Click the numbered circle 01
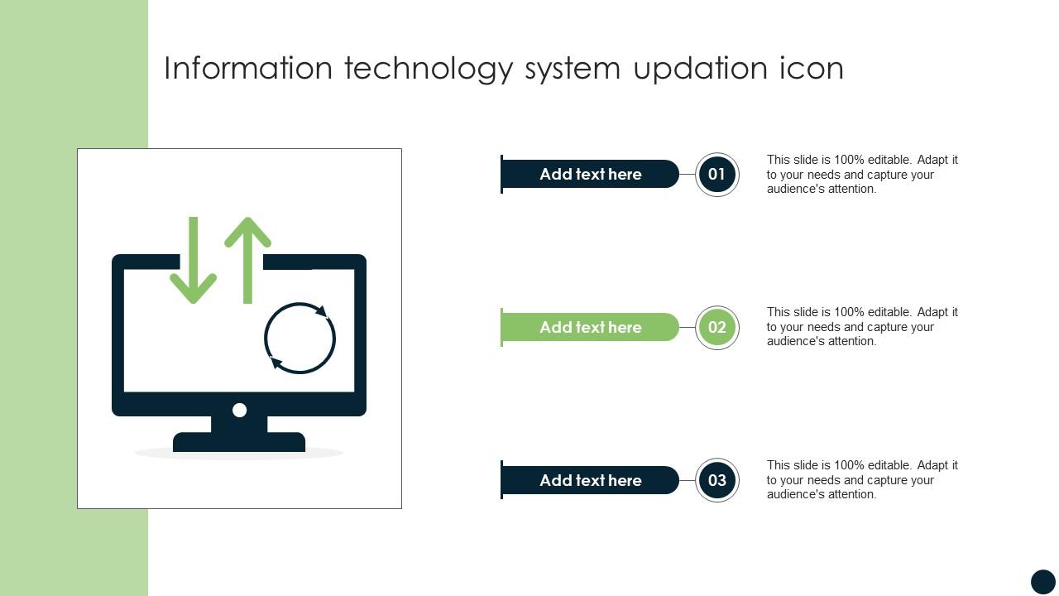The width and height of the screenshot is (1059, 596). coord(716,174)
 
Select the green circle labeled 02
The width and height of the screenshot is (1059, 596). coord(716,327)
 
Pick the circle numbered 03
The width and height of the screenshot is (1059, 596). coord(716,480)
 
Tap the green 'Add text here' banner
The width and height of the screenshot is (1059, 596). coord(590,327)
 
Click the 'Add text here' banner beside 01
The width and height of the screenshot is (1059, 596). coord(590,174)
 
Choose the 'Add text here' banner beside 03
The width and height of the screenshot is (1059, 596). coord(590,480)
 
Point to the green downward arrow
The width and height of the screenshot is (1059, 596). coord(194,261)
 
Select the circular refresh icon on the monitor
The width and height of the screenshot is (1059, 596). coord(299,338)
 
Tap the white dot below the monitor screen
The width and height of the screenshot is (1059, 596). coord(240,410)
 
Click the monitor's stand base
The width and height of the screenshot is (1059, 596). coord(239,442)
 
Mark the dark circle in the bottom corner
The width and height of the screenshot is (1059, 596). coord(1042,581)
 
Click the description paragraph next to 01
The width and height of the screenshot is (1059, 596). coord(862,174)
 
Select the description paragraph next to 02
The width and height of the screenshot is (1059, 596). coord(862,327)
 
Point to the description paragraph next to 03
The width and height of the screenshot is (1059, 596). coord(862,480)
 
